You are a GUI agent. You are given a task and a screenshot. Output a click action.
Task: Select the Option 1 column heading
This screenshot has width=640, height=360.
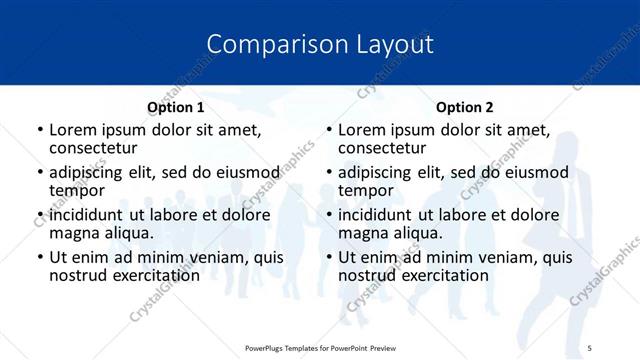tap(176, 107)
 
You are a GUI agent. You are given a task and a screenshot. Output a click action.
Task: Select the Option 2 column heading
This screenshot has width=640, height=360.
tap(465, 107)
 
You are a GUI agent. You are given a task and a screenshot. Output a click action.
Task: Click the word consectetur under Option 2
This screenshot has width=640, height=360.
tap(382, 148)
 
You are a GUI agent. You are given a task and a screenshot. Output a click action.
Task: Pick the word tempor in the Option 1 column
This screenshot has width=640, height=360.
tap(77, 190)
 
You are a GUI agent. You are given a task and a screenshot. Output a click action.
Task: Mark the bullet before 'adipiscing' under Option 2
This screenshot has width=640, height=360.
tap(329, 173)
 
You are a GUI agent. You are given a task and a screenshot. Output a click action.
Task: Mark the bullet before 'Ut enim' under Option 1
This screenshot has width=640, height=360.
tap(40, 258)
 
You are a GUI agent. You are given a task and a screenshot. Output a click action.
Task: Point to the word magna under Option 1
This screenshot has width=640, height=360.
tap(75, 233)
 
